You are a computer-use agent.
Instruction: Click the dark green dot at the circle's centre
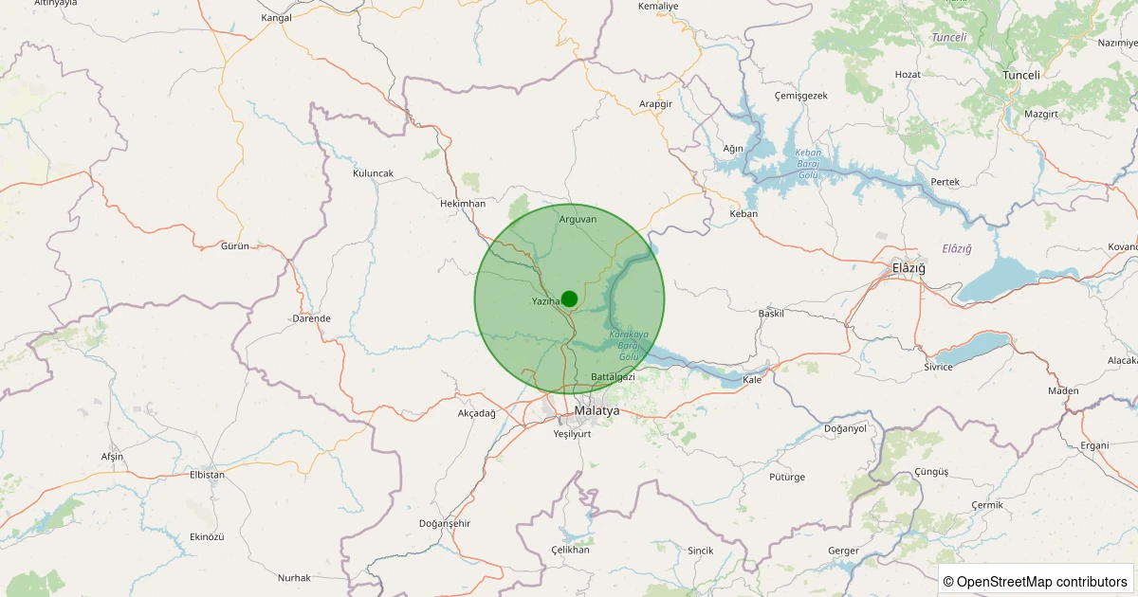(x=569, y=299)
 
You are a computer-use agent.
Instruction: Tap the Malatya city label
(x=597, y=411)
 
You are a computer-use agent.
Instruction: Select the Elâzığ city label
(x=908, y=268)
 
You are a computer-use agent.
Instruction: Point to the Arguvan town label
(x=578, y=219)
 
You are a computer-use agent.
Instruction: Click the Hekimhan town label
(x=463, y=204)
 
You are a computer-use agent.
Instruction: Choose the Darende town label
(x=311, y=318)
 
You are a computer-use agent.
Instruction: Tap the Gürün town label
(x=234, y=245)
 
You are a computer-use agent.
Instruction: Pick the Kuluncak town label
(x=373, y=173)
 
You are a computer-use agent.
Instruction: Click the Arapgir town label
(x=655, y=103)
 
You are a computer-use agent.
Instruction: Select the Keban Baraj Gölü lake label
(x=808, y=164)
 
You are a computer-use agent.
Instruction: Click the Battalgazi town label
(x=612, y=377)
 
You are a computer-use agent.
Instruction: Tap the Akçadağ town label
(x=477, y=413)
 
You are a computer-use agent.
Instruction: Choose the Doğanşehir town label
(x=445, y=523)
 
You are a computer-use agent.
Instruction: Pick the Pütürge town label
(x=787, y=477)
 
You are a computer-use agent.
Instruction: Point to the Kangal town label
(x=276, y=18)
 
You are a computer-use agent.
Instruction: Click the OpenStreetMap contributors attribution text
(x=1036, y=581)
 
